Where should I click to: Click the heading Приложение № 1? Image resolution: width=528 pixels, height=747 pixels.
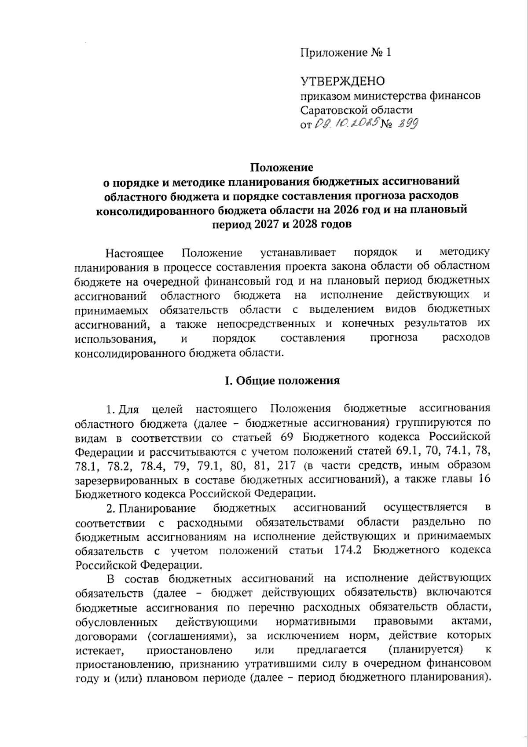click(x=345, y=53)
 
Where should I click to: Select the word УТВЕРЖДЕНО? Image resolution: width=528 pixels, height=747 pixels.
click(x=343, y=81)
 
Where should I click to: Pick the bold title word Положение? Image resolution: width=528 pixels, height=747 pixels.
click(x=282, y=168)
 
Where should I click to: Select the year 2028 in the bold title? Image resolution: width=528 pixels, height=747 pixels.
click(x=305, y=224)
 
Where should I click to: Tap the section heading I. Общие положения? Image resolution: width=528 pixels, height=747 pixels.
click(x=282, y=381)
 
